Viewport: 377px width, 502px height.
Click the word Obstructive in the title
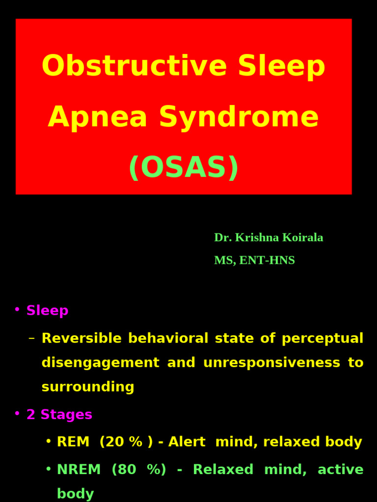coord(134,66)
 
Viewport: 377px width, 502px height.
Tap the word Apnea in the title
coord(97,118)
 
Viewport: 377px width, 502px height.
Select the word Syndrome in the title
coord(239,118)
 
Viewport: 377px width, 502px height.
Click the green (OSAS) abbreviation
coord(184,168)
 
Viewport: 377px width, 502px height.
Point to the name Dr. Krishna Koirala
coord(269,238)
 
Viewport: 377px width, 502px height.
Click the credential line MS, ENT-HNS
coord(254,261)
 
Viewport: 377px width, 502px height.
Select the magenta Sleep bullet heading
coord(47,311)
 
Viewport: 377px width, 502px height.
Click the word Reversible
coord(81,338)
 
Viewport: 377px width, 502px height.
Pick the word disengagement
coord(100,363)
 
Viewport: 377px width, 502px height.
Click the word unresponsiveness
coord(271,363)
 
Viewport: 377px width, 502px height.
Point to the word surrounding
coord(88,387)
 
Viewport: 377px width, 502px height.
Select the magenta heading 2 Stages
coord(59,415)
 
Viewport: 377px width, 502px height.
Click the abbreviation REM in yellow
coord(73,442)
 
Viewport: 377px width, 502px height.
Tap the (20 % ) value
coord(126,442)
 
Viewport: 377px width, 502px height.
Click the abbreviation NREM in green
coord(79,470)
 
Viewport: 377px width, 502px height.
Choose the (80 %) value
coord(139,470)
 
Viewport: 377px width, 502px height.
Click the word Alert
coord(187,442)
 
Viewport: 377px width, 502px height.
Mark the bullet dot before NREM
coord(48,469)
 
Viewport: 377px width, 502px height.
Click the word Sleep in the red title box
coord(281,66)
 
